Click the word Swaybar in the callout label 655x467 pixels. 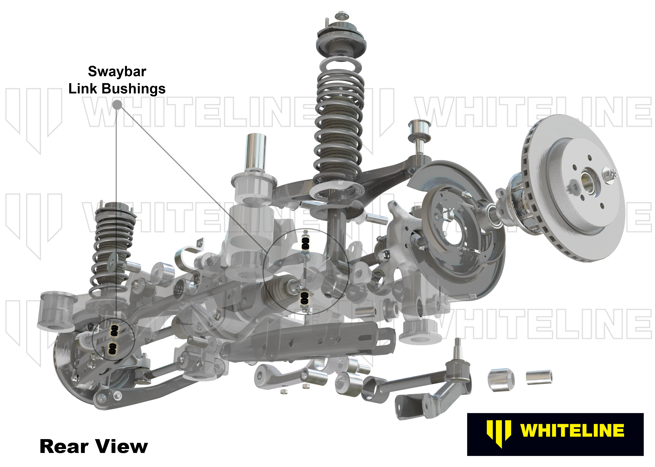coord(117,71)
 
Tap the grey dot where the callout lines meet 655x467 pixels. coord(117,105)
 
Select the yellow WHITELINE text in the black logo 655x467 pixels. coord(572,430)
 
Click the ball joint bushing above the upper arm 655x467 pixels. coord(419,131)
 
